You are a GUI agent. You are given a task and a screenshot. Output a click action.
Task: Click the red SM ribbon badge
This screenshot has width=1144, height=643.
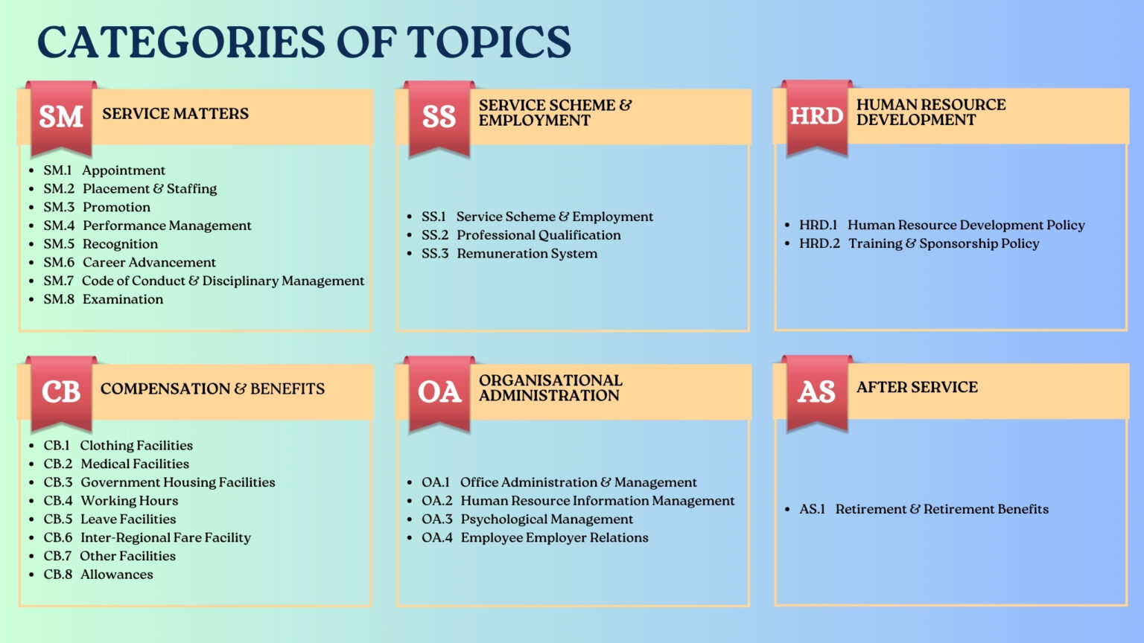pyautogui.click(x=61, y=118)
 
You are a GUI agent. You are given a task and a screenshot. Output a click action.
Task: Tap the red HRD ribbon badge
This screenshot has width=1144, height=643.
pyautogui.click(x=816, y=118)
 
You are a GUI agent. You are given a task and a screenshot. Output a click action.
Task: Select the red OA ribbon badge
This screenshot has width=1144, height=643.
pyautogui.click(x=439, y=394)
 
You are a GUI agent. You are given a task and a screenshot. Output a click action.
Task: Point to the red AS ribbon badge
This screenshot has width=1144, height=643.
pyautogui.click(x=816, y=393)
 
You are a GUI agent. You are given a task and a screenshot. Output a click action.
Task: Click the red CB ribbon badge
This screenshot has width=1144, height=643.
pyautogui.click(x=61, y=394)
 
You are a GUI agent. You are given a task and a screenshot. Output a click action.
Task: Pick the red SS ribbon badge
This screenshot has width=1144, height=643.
pyautogui.click(x=439, y=118)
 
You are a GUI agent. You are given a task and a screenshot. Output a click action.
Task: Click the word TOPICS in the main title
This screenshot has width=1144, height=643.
pyautogui.click(x=489, y=42)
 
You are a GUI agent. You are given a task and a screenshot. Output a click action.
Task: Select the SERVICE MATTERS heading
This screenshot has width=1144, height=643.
pyautogui.click(x=175, y=113)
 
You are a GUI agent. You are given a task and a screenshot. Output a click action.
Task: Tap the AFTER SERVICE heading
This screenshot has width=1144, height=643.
pyautogui.click(x=917, y=387)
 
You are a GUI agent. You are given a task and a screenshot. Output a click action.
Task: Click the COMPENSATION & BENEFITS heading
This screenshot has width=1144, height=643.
pyautogui.click(x=212, y=389)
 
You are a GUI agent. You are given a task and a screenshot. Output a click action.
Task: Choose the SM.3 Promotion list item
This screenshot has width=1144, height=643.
pyautogui.click(x=97, y=207)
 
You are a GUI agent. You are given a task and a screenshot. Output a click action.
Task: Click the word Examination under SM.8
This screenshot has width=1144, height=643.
pyautogui.click(x=123, y=299)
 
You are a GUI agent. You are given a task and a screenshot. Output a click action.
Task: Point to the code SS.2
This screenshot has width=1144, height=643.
pyautogui.click(x=435, y=235)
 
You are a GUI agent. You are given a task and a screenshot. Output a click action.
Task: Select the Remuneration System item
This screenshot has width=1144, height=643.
pyautogui.click(x=527, y=254)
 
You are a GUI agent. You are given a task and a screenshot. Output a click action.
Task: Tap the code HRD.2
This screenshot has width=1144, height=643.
pyautogui.click(x=819, y=243)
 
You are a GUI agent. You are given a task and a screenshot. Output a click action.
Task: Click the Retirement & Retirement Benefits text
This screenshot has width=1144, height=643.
pyautogui.click(x=941, y=509)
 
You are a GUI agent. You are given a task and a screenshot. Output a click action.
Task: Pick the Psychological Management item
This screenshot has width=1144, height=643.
pyautogui.click(x=547, y=519)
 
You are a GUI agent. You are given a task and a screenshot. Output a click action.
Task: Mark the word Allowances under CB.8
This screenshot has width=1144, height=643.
pyautogui.click(x=117, y=575)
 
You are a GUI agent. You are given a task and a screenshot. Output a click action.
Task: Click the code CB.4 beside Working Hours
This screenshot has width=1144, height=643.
pyautogui.click(x=57, y=501)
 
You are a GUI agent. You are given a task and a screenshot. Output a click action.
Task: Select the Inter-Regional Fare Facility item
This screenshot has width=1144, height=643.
pyautogui.click(x=165, y=538)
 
